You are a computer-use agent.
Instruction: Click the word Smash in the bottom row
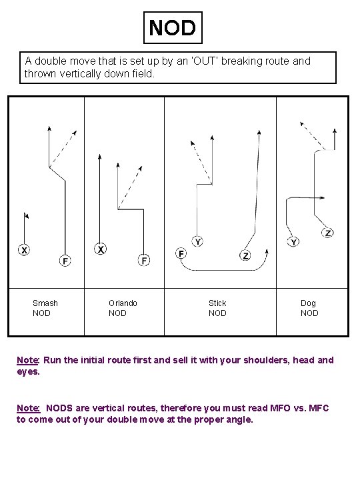[x=45, y=303]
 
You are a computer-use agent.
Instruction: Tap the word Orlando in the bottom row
[x=123, y=303]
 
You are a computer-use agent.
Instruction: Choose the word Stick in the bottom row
[x=217, y=303]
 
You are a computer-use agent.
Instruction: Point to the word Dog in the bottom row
[x=308, y=303]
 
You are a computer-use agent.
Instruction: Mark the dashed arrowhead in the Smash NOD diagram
[x=75, y=133]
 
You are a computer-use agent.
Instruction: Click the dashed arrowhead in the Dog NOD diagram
[x=302, y=124]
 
